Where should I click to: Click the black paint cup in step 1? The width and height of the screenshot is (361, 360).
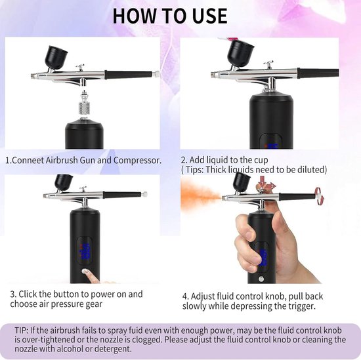pos(57,57)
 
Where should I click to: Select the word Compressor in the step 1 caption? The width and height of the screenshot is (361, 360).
pos(137,161)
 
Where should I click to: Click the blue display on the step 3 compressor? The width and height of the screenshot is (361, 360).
pos(85,251)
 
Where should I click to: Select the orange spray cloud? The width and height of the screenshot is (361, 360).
pos(198,195)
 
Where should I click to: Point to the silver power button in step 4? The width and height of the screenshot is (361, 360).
pos(261,279)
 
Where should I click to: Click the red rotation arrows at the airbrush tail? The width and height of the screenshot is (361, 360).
pos(319,196)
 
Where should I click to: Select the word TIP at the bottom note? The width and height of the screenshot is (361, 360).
pos(22,330)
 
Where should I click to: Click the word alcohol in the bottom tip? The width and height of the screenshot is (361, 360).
pos(70,349)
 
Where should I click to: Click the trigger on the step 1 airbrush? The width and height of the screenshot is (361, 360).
pos(80,68)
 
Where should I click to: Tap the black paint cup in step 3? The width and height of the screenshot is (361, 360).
pos(64,182)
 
